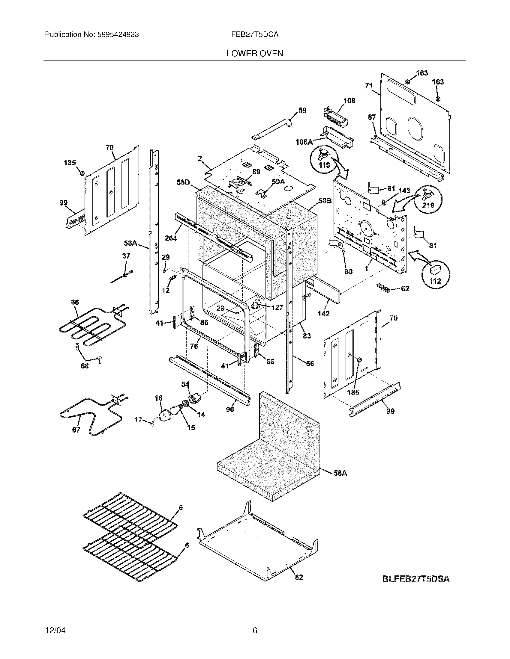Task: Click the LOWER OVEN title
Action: click(255, 53)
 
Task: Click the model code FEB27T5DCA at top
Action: click(255, 35)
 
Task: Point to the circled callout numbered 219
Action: click(428, 199)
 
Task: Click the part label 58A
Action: click(340, 473)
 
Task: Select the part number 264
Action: click(171, 238)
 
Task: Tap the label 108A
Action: click(304, 141)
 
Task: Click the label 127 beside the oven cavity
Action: click(277, 307)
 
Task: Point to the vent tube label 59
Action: click(302, 111)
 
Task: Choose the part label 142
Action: click(323, 314)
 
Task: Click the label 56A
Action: click(130, 243)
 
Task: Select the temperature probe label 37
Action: click(126, 256)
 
